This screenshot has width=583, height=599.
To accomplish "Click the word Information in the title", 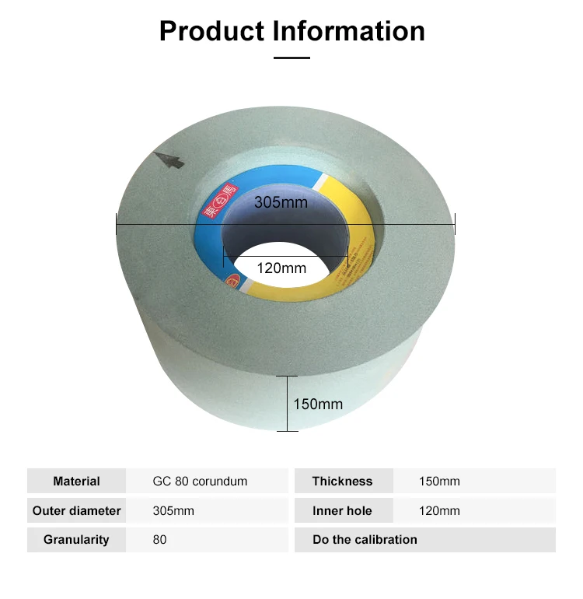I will click(348, 30).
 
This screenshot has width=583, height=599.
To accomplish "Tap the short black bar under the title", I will click(291, 57).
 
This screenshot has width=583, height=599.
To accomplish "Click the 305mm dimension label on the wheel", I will click(281, 203).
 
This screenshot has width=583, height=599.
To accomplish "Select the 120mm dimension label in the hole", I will click(281, 268).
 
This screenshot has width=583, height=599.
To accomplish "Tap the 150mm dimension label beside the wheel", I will click(317, 404).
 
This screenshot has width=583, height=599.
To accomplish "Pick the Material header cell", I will click(76, 481).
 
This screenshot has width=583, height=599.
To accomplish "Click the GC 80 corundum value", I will click(200, 481).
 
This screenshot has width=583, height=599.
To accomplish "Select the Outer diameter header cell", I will click(76, 510).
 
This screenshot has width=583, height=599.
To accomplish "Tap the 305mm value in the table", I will click(173, 510).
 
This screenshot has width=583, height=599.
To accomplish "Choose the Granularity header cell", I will click(76, 539).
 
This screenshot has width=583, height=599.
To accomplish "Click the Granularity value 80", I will click(159, 539).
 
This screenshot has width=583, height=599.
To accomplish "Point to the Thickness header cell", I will click(342, 481).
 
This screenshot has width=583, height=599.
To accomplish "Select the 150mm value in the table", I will click(439, 481).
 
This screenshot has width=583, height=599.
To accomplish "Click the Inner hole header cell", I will click(342, 510).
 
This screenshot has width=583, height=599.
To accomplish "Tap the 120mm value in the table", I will click(439, 510).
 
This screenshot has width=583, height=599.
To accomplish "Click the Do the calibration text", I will click(365, 539).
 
